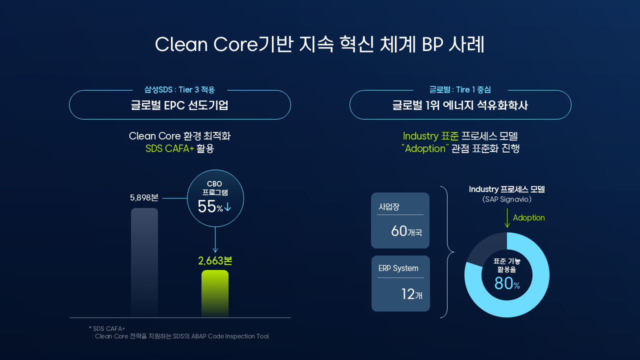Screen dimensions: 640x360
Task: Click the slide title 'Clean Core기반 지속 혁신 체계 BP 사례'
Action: (319, 44)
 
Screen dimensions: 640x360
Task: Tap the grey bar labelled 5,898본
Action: (144, 262)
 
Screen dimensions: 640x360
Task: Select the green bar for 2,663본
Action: (215, 293)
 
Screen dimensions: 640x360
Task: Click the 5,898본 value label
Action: (144, 197)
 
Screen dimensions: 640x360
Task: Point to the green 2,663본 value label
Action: (215, 260)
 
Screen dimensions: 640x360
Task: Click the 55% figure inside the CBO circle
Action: (210, 206)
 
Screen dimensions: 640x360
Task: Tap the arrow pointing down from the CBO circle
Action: (215, 239)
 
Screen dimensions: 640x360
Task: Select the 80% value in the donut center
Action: (507, 283)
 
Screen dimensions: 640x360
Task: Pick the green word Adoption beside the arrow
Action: (529, 217)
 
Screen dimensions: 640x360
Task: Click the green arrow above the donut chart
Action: (507, 217)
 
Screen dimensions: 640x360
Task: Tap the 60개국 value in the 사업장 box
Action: (406, 231)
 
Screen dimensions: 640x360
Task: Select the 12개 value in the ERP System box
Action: (411, 294)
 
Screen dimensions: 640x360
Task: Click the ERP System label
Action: (398, 268)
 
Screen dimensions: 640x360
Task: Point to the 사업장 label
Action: (389, 206)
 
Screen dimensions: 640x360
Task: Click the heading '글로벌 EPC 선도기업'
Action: (179, 105)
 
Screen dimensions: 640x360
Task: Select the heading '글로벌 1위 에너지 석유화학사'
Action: (460, 105)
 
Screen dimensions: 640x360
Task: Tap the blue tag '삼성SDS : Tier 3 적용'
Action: (179, 89)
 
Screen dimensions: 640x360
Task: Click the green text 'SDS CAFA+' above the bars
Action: (169, 148)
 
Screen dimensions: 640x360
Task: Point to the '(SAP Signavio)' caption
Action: (507, 199)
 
